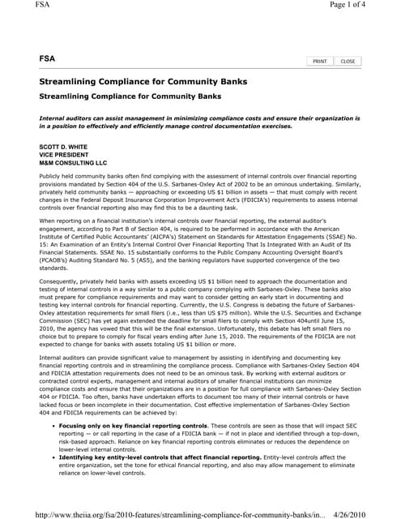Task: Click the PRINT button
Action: (319, 62)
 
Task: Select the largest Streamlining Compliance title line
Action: (143, 83)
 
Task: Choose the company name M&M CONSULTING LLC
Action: (73, 163)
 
